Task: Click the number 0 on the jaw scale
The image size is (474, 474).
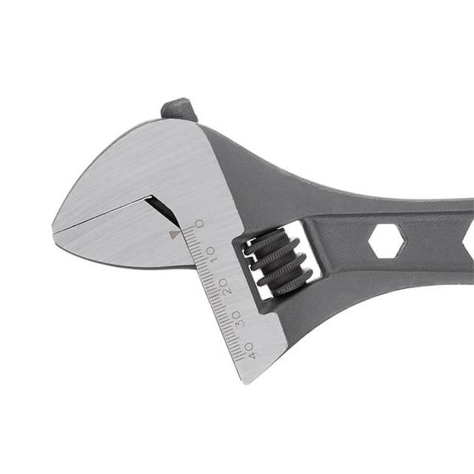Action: pos(199,224)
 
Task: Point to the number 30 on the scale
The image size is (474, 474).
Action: pos(237,318)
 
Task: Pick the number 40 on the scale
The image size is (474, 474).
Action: pos(251,351)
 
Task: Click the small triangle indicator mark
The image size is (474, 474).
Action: pos(174,234)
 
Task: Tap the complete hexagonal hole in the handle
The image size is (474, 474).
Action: pos(386,241)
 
